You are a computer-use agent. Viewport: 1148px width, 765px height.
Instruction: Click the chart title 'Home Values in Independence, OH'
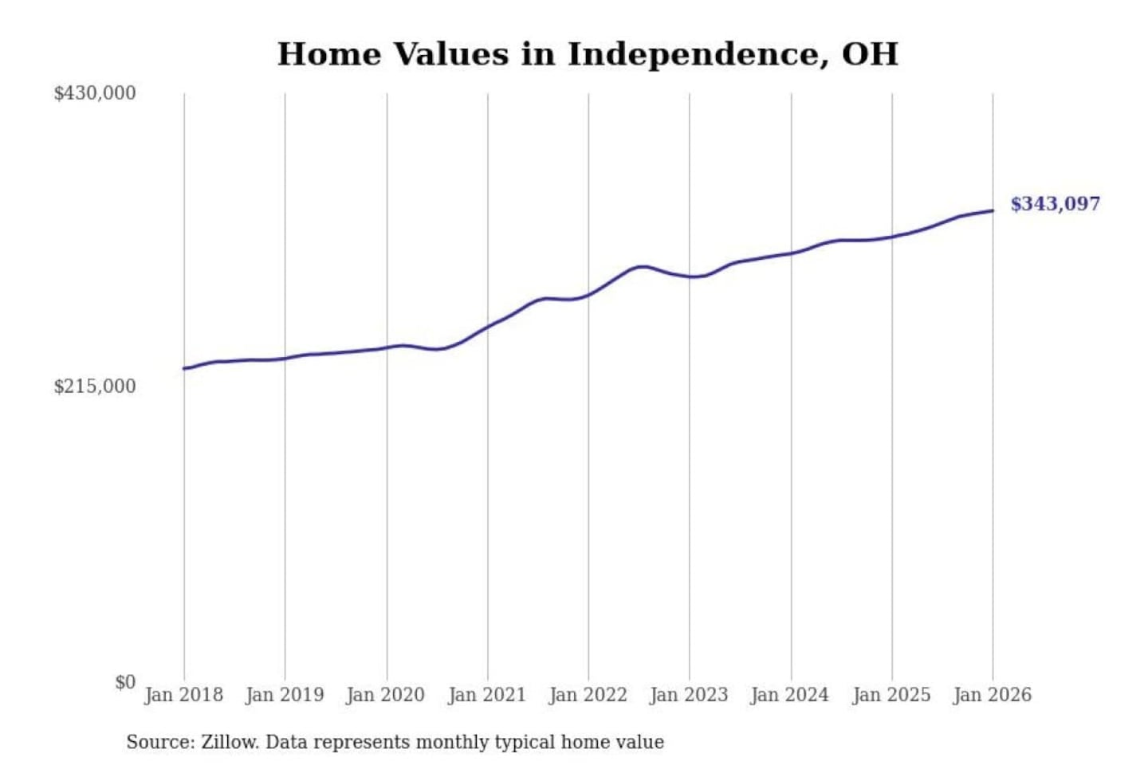click(588, 54)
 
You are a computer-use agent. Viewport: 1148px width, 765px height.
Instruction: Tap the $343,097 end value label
click(1055, 204)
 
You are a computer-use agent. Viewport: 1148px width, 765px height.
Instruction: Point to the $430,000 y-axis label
click(95, 93)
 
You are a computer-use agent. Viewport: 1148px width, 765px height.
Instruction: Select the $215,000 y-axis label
click(95, 386)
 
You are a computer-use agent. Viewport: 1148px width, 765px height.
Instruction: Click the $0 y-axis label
click(125, 682)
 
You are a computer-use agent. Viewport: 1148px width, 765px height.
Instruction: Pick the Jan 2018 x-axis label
click(184, 695)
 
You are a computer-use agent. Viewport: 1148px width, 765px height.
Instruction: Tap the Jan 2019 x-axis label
click(285, 695)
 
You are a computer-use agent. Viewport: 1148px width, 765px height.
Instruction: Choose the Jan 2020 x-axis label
click(386, 695)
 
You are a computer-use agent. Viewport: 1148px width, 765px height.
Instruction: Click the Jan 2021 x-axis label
click(487, 695)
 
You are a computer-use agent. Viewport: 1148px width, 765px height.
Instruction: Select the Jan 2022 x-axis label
click(588, 695)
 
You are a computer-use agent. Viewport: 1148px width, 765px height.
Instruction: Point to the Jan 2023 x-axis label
click(689, 695)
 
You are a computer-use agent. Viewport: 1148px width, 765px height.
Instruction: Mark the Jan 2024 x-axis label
click(790, 695)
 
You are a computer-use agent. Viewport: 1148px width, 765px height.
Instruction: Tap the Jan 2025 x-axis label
click(891, 695)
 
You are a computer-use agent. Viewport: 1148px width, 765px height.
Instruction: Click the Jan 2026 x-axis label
click(993, 695)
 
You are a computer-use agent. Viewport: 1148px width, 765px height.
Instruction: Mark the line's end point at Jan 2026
click(993, 210)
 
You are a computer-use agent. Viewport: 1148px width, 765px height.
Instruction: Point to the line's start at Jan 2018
click(184, 368)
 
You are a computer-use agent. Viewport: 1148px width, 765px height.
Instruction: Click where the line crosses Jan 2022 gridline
click(589, 295)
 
